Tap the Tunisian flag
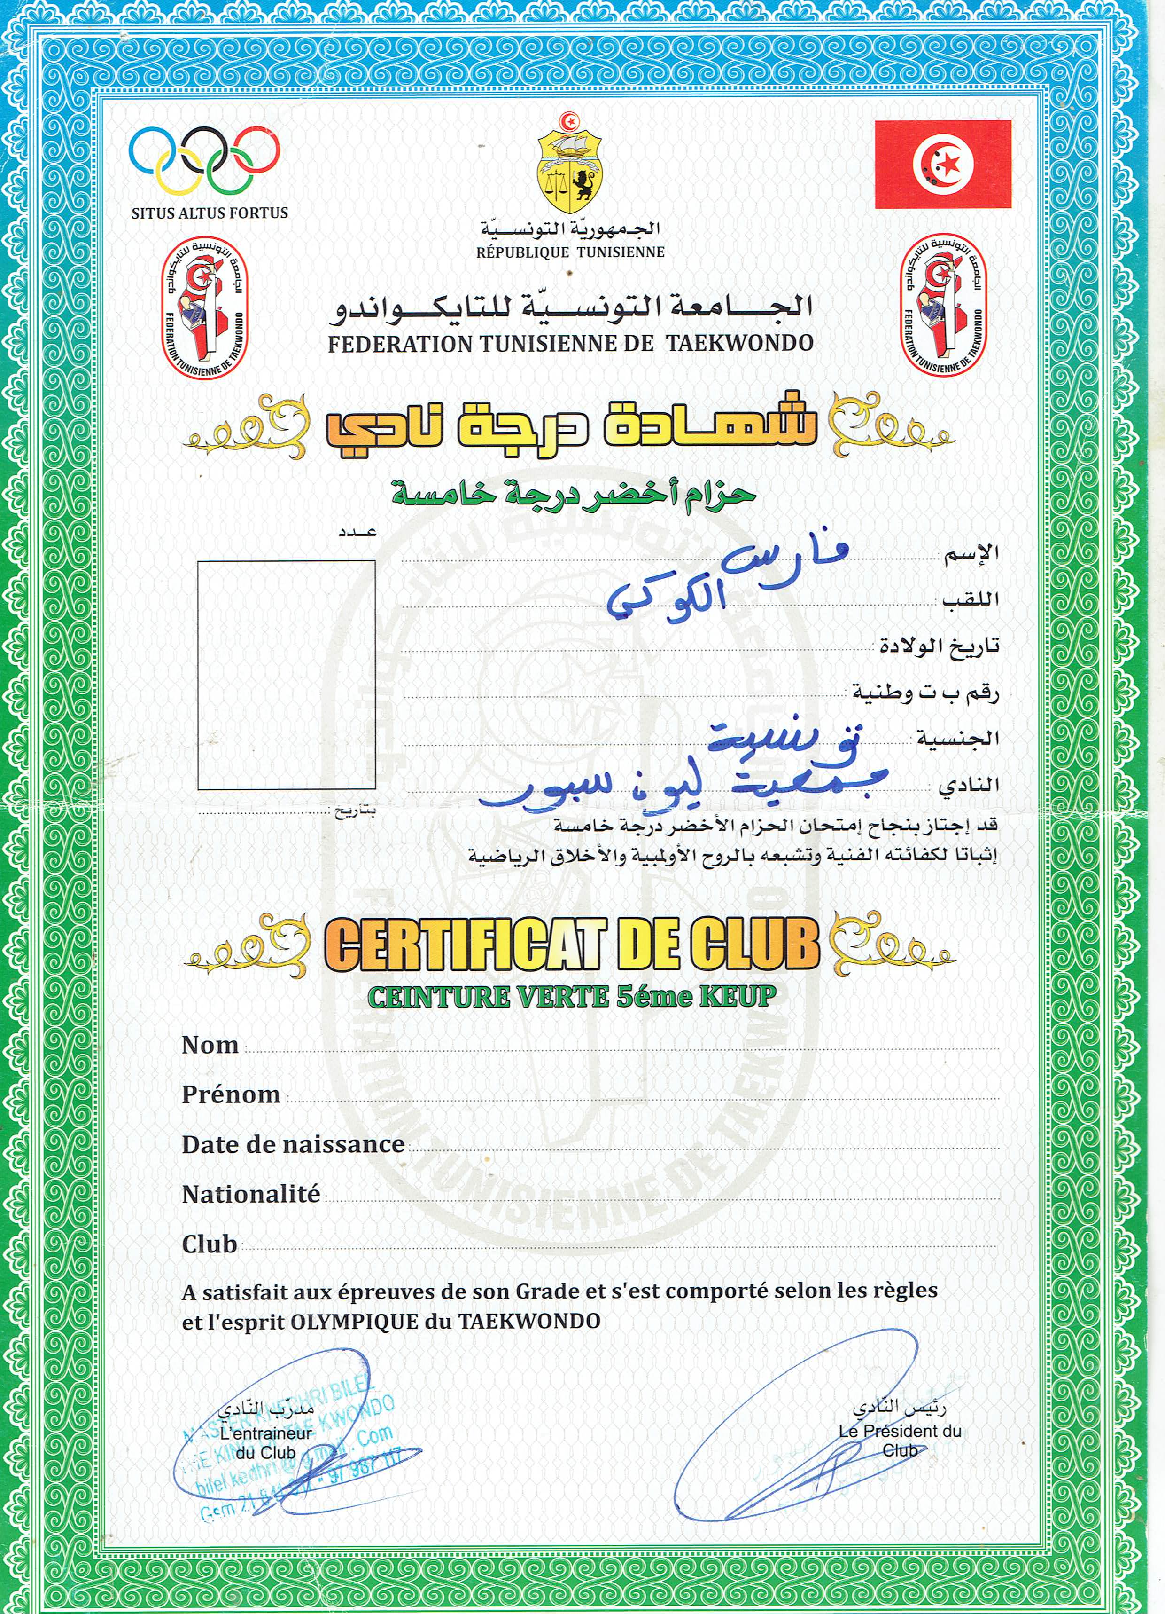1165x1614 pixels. point(942,164)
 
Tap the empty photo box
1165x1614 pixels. point(286,675)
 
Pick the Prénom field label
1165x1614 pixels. point(231,1094)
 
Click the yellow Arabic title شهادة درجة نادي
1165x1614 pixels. point(569,428)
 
